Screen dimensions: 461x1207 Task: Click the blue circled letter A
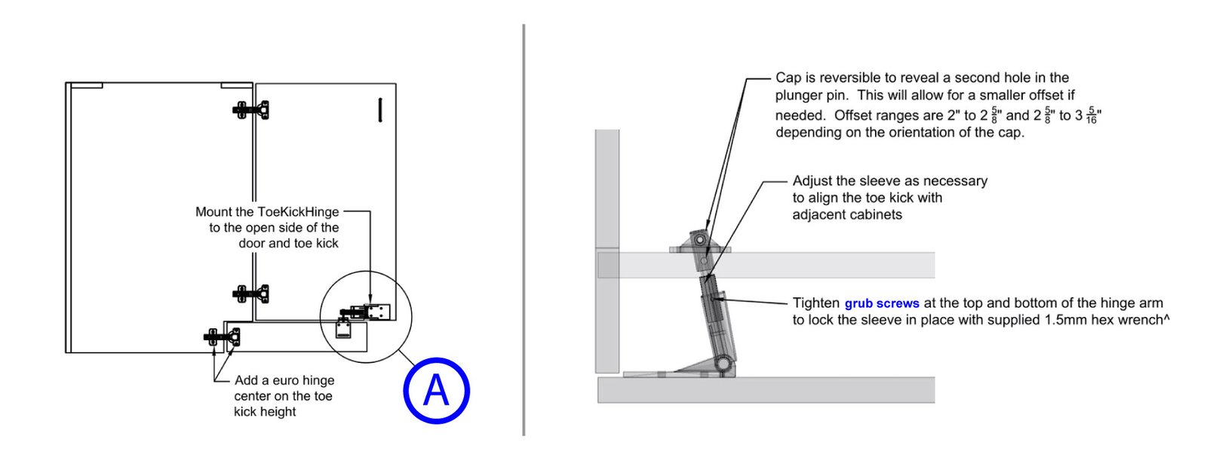click(x=436, y=391)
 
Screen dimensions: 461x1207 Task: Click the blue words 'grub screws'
click(x=881, y=303)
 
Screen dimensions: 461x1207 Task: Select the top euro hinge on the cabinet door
click(x=252, y=110)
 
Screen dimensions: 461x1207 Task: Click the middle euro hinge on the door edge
click(x=252, y=293)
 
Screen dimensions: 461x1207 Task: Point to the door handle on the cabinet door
click(x=380, y=110)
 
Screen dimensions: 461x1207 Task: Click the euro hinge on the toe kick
click(x=223, y=337)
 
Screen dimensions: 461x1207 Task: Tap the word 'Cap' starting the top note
click(x=788, y=78)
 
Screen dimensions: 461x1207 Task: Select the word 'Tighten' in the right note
click(x=815, y=303)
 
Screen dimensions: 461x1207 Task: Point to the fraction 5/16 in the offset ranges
click(x=1092, y=115)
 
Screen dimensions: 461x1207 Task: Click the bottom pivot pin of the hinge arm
click(x=723, y=365)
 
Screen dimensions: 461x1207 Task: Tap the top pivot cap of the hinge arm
click(x=700, y=240)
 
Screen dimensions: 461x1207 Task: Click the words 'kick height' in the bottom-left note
click(x=264, y=412)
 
